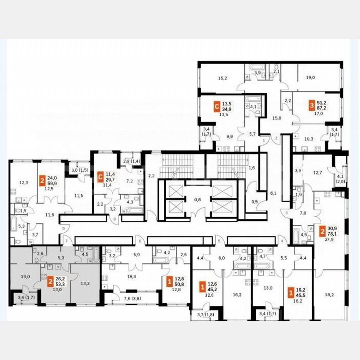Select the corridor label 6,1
[273, 192]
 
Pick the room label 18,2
[329, 294]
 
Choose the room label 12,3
[23, 182]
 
